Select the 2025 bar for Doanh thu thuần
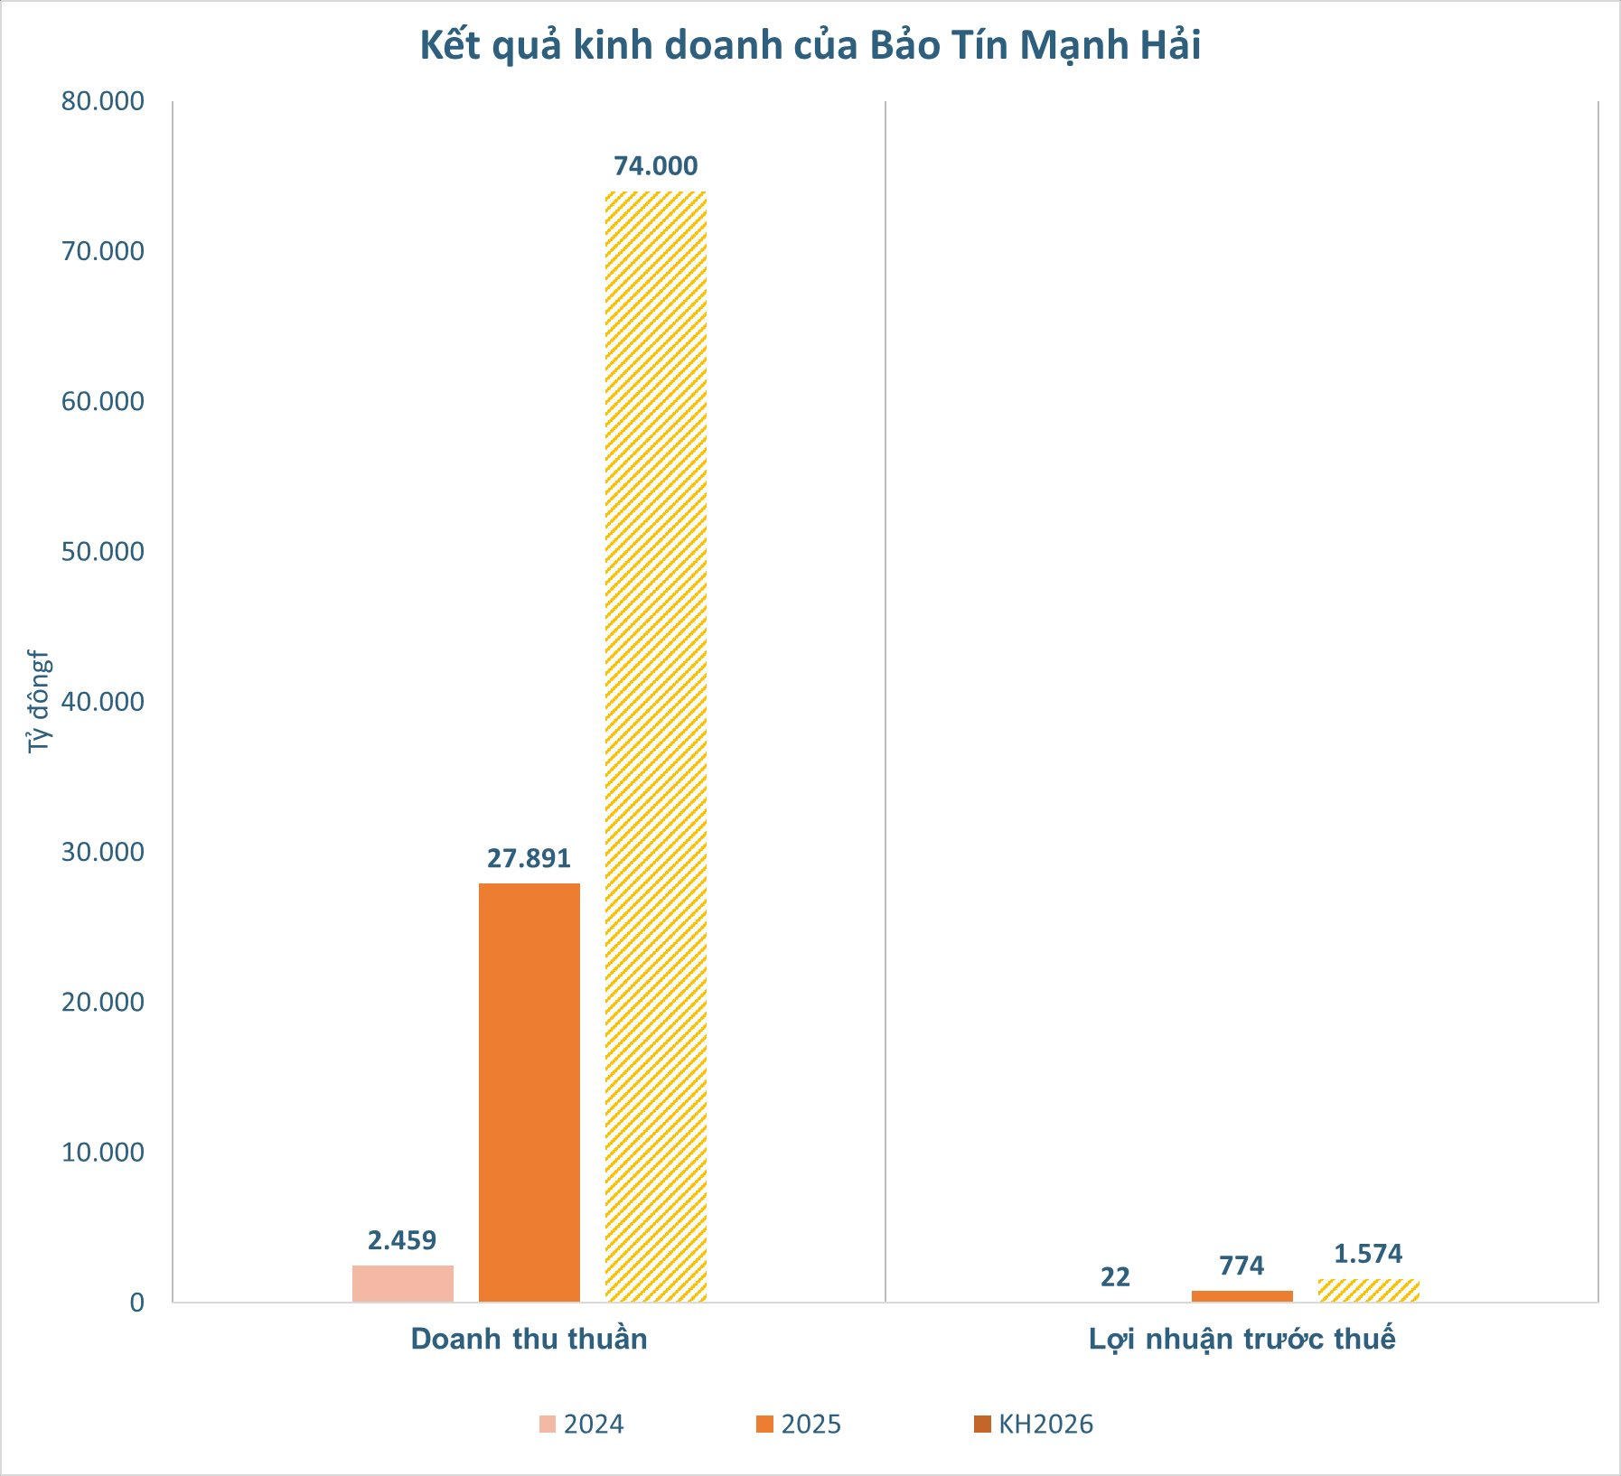coord(529,1092)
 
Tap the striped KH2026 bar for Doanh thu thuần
coord(655,746)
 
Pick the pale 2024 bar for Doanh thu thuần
coord(402,1284)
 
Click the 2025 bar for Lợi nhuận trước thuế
coord(1242,1296)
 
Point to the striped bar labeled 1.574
coord(1368,1291)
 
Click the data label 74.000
coord(655,166)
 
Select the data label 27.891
coord(529,858)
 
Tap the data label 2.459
coord(402,1240)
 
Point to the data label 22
coord(1115,1277)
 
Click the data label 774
coord(1242,1266)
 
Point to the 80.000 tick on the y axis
coord(103,101)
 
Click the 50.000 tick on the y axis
coord(103,552)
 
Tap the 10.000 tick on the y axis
coord(103,1153)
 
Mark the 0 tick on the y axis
coord(136,1303)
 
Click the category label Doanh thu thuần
coord(529,1339)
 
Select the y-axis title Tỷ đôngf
coord(39,701)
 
